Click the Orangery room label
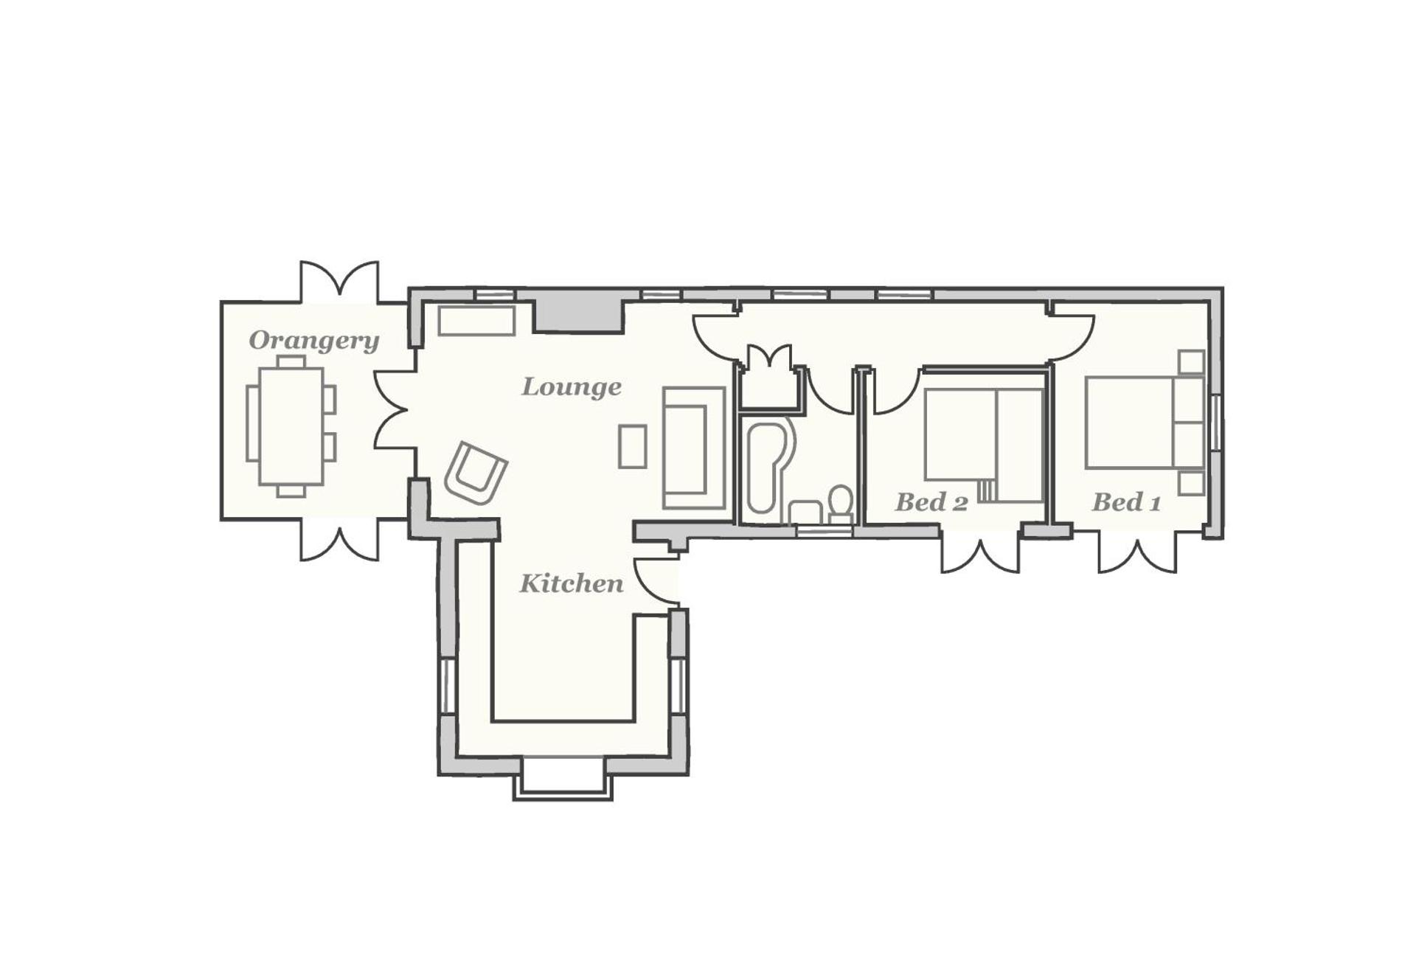(x=314, y=341)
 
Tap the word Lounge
(x=572, y=386)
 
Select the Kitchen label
(x=572, y=583)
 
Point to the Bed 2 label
(x=931, y=502)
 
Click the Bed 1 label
(x=1126, y=502)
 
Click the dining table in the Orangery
(x=291, y=426)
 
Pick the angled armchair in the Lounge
(x=476, y=473)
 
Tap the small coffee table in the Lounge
(x=632, y=446)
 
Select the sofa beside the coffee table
(x=693, y=448)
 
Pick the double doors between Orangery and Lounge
(x=392, y=409)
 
